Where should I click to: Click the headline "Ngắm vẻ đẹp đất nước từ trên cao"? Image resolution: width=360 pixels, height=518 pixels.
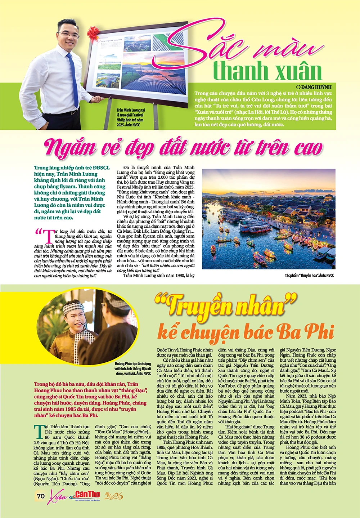click(x=183, y=148)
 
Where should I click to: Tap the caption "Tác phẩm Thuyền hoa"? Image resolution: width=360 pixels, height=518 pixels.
click(x=309, y=276)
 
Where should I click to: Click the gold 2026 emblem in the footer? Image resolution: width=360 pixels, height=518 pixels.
click(x=114, y=496)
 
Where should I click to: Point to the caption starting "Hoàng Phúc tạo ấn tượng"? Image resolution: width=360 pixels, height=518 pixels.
click(x=133, y=369)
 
